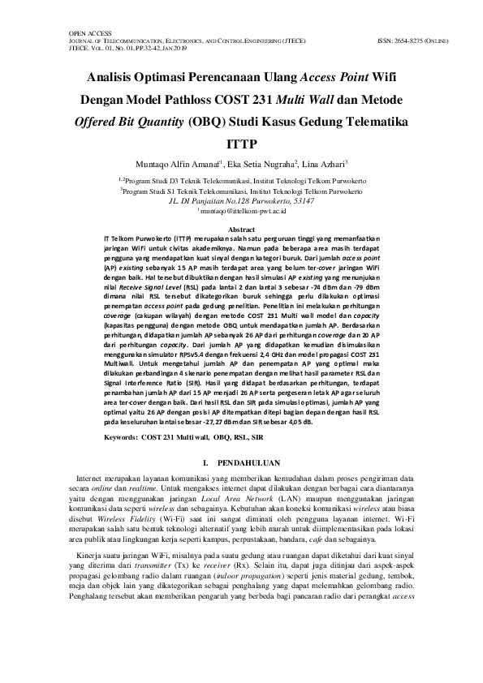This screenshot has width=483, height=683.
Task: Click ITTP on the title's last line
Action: pyautogui.click(x=241, y=146)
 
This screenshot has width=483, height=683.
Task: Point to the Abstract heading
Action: pyautogui.click(x=241, y=230)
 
